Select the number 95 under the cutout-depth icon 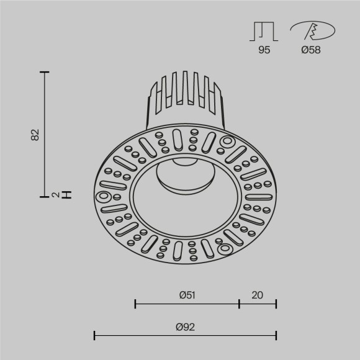click(264, 50)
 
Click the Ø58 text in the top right click(311, 50)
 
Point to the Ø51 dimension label click(187, 295)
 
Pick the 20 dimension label click(258, 295)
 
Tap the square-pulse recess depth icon click(264, 32)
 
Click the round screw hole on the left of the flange click(103, 197)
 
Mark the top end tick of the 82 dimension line click(44, 73)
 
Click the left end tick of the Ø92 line click(94, 336)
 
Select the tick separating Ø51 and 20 click(240, 304)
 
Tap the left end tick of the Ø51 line click(135, 304)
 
